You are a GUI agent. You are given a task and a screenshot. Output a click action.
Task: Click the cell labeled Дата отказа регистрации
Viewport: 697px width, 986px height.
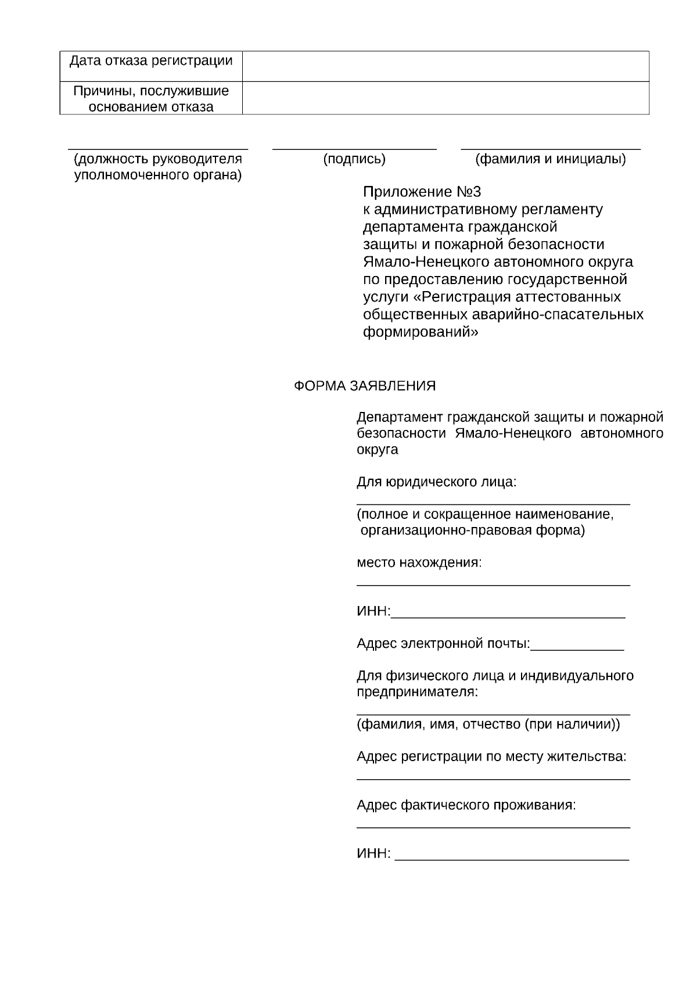pos(151,61)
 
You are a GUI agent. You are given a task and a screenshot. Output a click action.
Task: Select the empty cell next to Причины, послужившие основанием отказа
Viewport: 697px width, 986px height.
pos(445,98)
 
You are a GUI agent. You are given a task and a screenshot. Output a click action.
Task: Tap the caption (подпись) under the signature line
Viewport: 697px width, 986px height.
pos(354,159)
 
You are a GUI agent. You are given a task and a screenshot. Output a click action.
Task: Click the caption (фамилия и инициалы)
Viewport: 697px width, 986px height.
pos(550,159)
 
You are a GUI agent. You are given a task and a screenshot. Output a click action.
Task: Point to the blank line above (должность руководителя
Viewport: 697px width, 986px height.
pos(158,149)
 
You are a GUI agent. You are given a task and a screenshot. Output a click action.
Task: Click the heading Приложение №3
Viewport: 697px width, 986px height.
pos(422,192)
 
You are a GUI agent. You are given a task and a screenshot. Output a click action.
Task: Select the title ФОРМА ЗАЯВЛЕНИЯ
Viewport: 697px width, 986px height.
pos(364,386)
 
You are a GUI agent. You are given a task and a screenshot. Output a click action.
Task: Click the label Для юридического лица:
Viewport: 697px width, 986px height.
pos(436,482)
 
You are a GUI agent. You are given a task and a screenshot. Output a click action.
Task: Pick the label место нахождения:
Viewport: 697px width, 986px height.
pos(419,562)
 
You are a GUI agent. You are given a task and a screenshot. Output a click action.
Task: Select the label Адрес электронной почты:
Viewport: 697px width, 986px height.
pos(443,644)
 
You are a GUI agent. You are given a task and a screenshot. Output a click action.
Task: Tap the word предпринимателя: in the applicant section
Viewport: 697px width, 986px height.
pos(417,692)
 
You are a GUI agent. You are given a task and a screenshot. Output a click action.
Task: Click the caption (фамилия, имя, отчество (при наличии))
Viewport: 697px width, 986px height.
pos(488,725)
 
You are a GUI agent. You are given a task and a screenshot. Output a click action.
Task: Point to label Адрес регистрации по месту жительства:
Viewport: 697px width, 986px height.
pos(491,756)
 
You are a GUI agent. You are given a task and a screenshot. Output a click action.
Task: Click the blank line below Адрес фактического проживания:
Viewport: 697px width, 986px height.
pos(493,827)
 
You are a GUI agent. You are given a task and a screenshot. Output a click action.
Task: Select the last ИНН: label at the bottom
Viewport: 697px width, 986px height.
pos(373,854)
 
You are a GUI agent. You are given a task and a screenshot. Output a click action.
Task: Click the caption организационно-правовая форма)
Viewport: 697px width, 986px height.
pos(472,530)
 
